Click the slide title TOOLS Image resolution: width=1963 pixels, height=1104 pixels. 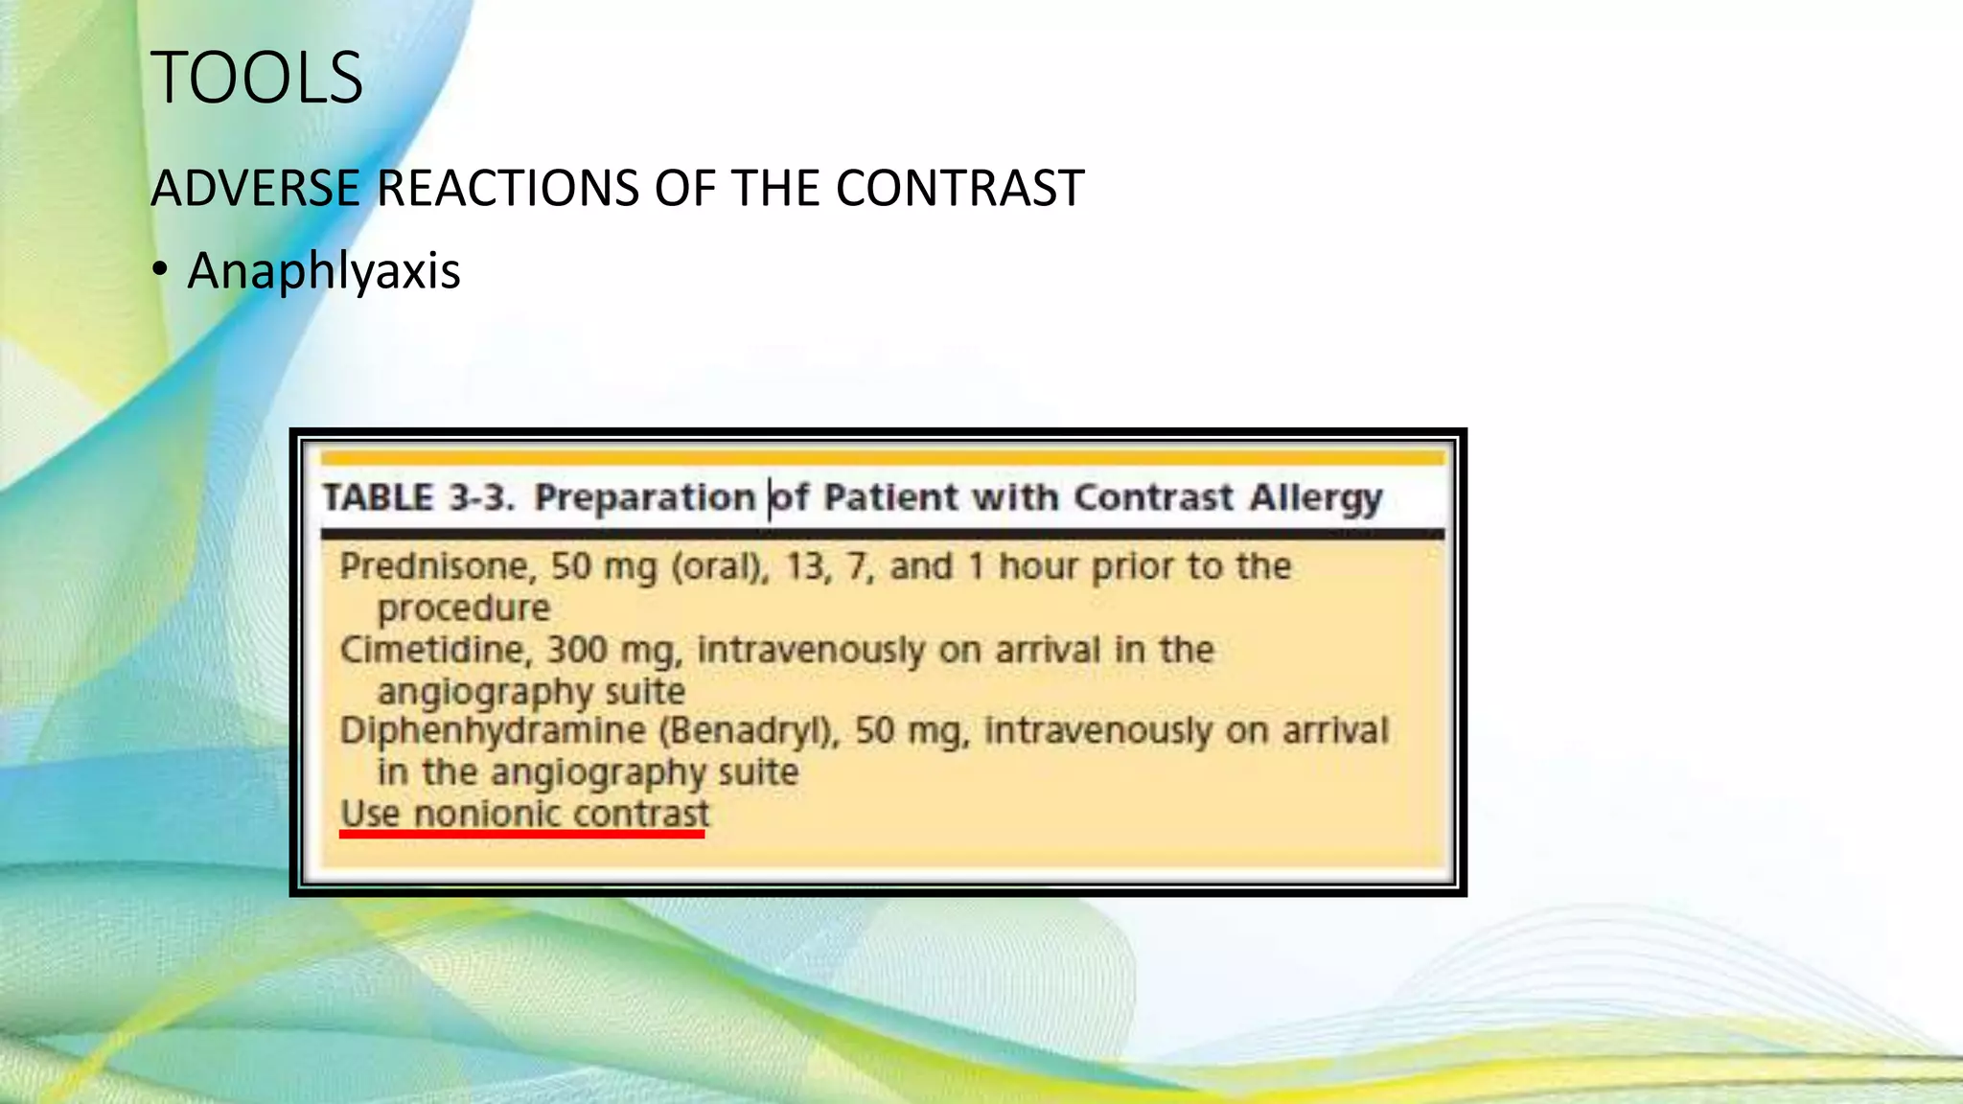[257, 78]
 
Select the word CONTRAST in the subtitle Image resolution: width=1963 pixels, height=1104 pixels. [959, 188]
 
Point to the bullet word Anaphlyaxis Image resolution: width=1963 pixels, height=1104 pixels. [324, 271]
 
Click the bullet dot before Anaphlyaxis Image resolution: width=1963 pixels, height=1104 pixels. [160, 269]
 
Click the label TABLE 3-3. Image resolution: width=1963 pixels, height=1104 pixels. [419, 498]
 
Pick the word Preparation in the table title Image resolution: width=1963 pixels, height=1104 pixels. [644, 498]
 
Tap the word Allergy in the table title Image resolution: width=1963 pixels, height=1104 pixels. [1316, 498]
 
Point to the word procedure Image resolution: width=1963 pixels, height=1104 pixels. [464, 608]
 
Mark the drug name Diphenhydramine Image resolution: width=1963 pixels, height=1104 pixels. [493, 731]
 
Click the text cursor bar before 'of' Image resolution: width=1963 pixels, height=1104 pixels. [770, 498]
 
